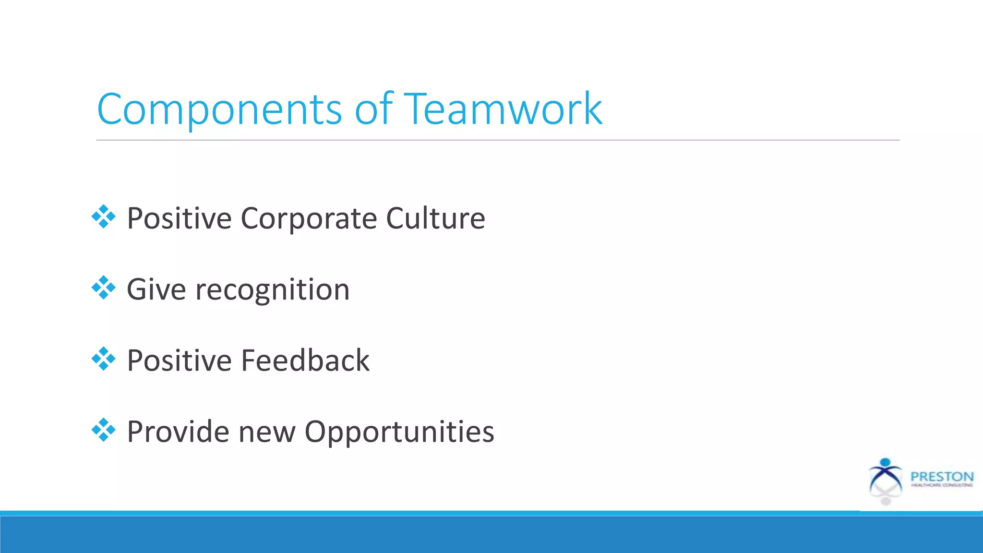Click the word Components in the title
[219, 109]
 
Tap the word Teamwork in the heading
[503, 109]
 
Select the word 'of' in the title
[373, 109]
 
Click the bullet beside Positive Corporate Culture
[104, 217]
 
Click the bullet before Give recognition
[104, 288]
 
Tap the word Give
[156, 290]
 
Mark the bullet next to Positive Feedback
[104, 359]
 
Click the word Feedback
[305, 361]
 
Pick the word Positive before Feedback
[179, 361]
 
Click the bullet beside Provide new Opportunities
[104, 430]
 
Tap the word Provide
[178, 432]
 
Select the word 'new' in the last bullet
[267, 432]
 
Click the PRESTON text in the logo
[942, 477]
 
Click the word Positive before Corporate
[179, 219]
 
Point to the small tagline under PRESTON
[942, 485]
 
